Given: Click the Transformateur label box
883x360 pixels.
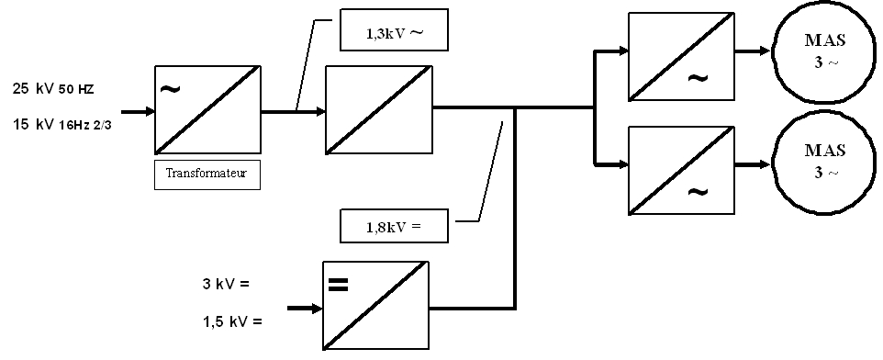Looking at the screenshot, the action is tap(207, 174).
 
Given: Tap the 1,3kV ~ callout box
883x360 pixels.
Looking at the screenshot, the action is tap(394, 30).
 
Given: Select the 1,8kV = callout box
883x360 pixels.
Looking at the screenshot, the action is tap(394, 226).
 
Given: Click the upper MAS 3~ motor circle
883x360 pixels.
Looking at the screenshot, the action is tap(825, 51).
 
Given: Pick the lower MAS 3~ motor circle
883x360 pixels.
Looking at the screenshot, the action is tap(825, 164).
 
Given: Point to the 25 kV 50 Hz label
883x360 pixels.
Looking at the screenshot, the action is tap(53, 89).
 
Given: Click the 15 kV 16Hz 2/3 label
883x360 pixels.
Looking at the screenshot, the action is tap(61, 125).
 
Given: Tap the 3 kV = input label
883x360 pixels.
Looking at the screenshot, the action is tap(225, 284).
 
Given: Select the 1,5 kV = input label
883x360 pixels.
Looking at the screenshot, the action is tap(232, 322).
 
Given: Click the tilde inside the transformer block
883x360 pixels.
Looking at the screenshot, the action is tap(170, 88).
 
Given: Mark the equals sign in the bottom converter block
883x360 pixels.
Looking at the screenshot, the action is tap(338, 285).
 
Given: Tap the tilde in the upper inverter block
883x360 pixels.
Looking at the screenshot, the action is tap(698, 78).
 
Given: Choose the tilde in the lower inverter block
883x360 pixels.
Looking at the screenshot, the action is tap(698, 192).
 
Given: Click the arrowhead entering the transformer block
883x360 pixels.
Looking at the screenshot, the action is tap(150, 111).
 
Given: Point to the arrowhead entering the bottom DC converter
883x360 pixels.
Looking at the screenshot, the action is tap(317, 309).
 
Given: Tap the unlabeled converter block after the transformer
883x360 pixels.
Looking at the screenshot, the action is tap(379, 110).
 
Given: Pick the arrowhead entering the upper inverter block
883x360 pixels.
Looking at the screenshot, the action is tap(623, 51).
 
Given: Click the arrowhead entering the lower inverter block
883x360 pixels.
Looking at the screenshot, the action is tap(623, 164).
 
